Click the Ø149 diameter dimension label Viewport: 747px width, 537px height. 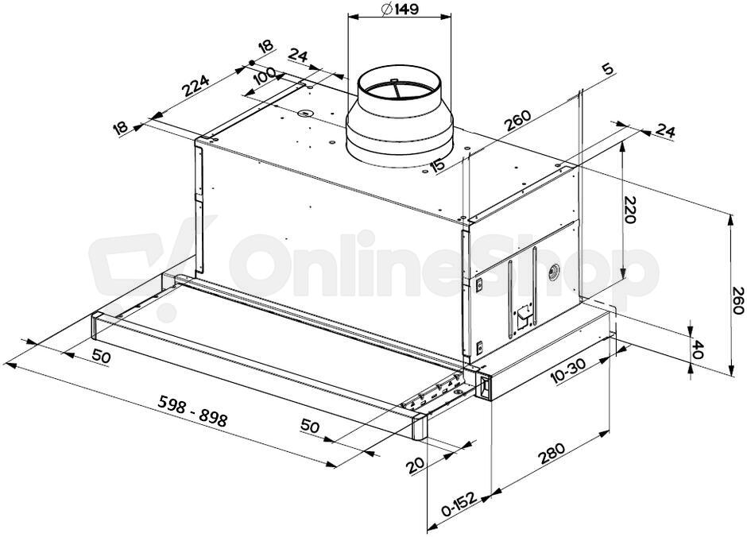point(400,9)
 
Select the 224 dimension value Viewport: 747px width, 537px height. point(195,86)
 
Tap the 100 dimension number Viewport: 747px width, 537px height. point(264,76)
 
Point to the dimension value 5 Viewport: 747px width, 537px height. point(607,69)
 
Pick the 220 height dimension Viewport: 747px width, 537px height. point(629,210)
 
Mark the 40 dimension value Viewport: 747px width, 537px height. point(697,349)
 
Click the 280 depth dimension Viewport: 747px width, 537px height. point(552,454)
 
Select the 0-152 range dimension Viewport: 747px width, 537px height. point(459,505)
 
